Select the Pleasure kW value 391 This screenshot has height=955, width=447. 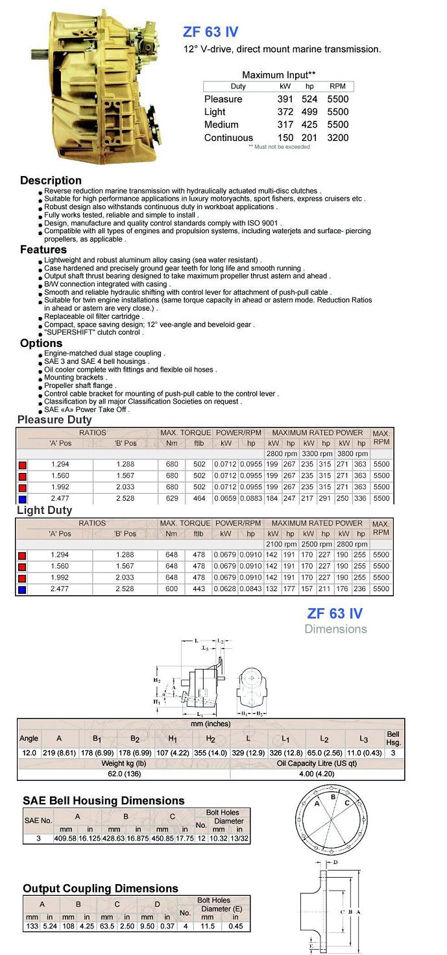tap(285, 99)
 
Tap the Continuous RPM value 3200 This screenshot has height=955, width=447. tap(337, 138)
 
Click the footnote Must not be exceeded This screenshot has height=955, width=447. tap(279, 147)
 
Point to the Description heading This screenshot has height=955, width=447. tap(51, 181)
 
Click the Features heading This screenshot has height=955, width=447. tap(43, 249)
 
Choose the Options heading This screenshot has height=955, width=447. tap(41, 343)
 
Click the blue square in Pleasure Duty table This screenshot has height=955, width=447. tap(22, 499)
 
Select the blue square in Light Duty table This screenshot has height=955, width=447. tap(22, 589)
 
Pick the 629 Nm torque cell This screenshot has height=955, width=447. tap(171, 498)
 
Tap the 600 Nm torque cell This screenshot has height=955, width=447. tap(171, 589)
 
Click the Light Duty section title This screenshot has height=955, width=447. tap(44, 511)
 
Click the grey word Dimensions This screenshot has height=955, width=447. tap(335, 629)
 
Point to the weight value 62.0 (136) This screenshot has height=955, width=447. tap(123, 774)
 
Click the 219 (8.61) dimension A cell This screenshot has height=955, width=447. tap(59, 753)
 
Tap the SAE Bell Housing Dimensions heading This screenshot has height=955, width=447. tap(103, 801)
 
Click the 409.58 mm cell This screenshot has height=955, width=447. tap(66, 839)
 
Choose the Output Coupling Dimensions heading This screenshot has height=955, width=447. tap(100, 888)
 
